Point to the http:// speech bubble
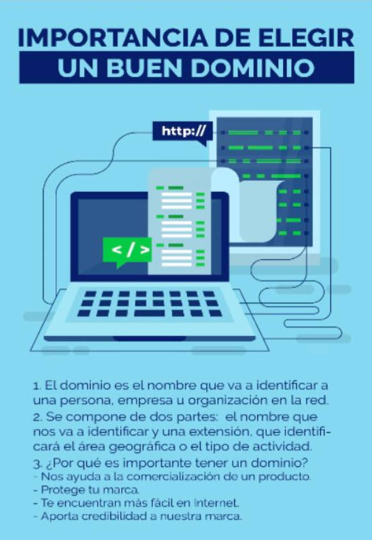point(182,131)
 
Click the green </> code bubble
point(127,251)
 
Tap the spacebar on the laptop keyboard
point(149,314)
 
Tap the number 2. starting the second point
point(38,417)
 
